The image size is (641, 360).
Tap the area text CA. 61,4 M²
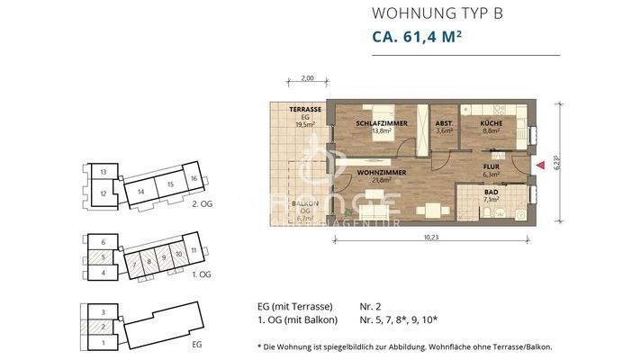coord(423,38)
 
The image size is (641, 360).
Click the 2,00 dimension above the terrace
coord(307,78)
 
